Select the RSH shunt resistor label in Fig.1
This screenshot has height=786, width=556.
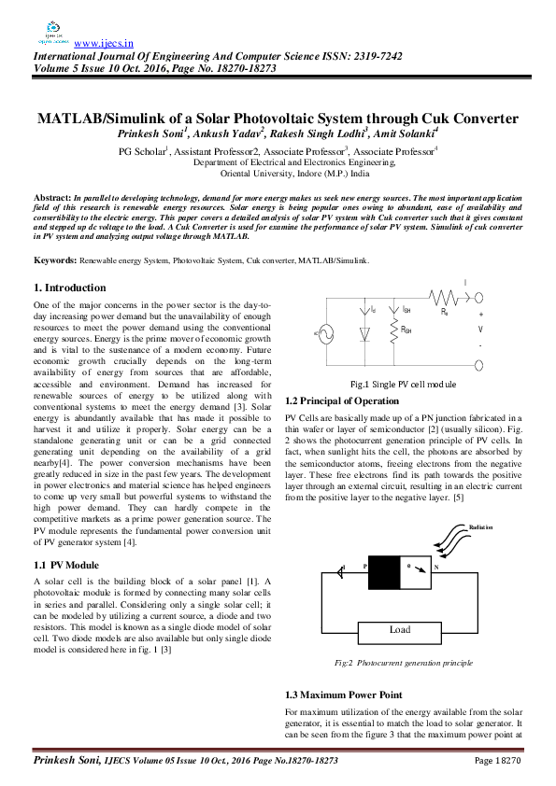(x=406, y=330)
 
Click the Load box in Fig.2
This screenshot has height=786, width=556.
(x=399, y=629)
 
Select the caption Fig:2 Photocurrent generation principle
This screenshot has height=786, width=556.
(x=404, y=662)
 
